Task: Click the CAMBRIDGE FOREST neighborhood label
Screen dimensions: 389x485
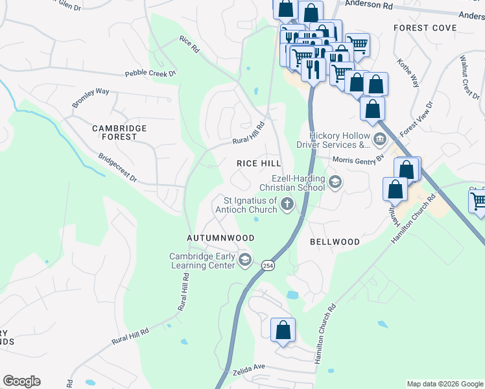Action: click(x=119, y=132)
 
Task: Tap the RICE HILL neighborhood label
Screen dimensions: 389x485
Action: click(x=259, y=163)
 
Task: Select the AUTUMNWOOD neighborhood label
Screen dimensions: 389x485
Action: click(x=220, y=238)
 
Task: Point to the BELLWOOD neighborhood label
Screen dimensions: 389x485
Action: click(x=335, y=242)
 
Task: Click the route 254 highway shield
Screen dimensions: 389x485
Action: click(x=267, y=265)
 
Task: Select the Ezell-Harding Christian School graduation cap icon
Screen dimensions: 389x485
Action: click(x=335, y=182)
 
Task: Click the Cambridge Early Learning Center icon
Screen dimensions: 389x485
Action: click(x=244, y=261)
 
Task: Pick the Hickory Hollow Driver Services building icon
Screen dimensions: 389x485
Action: click(x=379, y=138)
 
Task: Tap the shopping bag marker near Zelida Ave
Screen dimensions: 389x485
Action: click(x=283, y=330)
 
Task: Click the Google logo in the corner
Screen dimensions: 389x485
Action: click(x=21, y=381)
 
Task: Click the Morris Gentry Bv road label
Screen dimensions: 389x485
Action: click(x=358, y=159)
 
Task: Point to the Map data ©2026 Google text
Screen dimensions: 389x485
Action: click(x=444, y=384)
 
